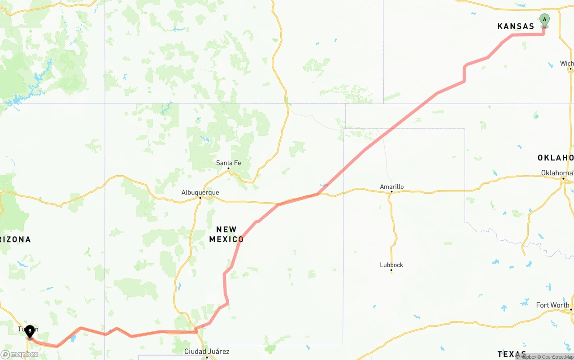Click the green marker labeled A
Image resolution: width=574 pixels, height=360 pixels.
544,20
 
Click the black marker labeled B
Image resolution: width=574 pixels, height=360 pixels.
30,332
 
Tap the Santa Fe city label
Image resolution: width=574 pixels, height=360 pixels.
228,163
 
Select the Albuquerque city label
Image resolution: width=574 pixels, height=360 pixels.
200,193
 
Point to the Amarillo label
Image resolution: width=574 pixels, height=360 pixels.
391,187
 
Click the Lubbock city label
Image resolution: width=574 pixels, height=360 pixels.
391,265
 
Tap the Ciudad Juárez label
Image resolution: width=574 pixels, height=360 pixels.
207,351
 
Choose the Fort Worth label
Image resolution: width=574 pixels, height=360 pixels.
552,305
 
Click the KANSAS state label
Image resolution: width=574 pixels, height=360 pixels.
516,26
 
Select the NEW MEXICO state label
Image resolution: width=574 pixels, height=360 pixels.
226,234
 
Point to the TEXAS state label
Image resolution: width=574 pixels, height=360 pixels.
512,354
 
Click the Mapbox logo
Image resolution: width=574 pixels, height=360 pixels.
19,354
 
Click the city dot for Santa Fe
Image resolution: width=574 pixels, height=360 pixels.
228,169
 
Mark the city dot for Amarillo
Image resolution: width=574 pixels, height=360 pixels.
391,192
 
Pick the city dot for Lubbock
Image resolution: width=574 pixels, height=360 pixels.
391,270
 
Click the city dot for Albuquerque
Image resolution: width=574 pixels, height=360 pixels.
200,198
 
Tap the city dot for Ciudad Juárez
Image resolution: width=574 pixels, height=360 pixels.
207,357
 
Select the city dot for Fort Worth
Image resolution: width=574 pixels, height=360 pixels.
571,310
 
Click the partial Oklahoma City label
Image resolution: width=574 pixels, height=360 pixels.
557,173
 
